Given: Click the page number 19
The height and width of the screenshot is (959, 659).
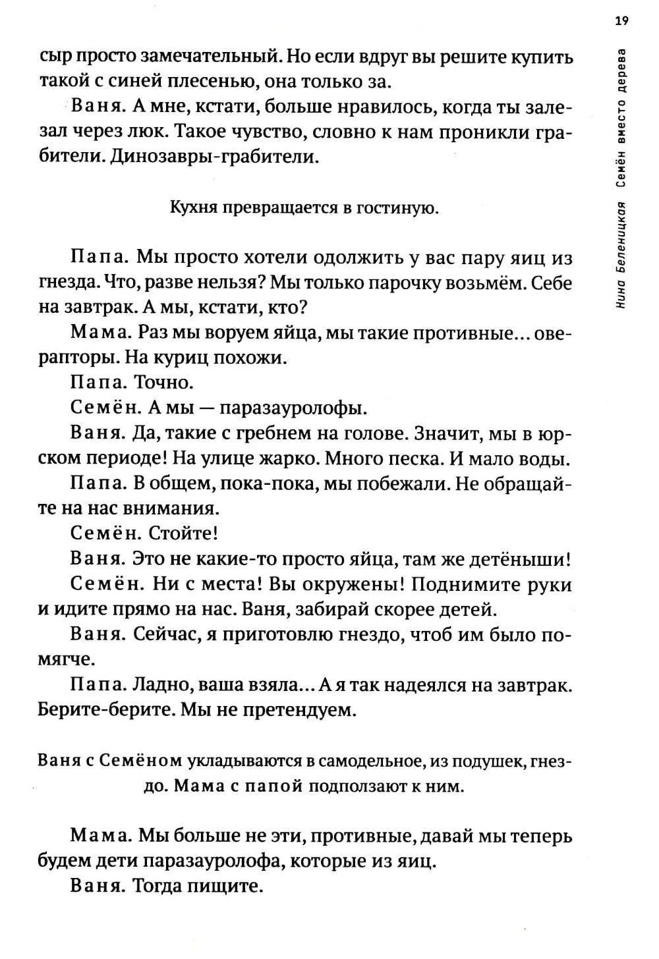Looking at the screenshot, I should tap(621, 20).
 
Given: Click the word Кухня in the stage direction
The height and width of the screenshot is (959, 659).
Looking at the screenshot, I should tap(192, 209).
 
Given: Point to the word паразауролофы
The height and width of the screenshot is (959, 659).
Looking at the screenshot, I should tap(293, 408).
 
